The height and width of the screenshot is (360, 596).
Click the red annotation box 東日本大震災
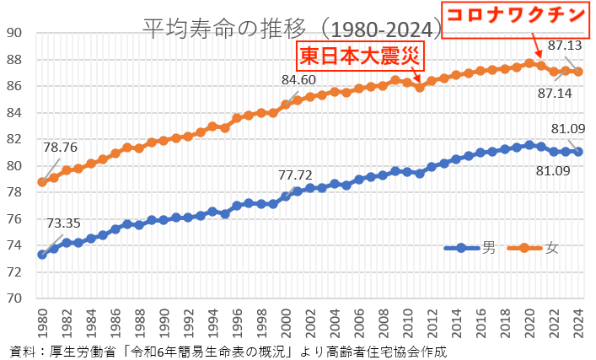[362, 59]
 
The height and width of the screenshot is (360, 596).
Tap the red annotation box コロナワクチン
[517, 16]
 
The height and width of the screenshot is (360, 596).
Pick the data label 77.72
[295, 175]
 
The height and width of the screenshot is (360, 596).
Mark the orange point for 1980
[42, 182]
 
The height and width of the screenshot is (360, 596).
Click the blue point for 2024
[577, 152]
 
